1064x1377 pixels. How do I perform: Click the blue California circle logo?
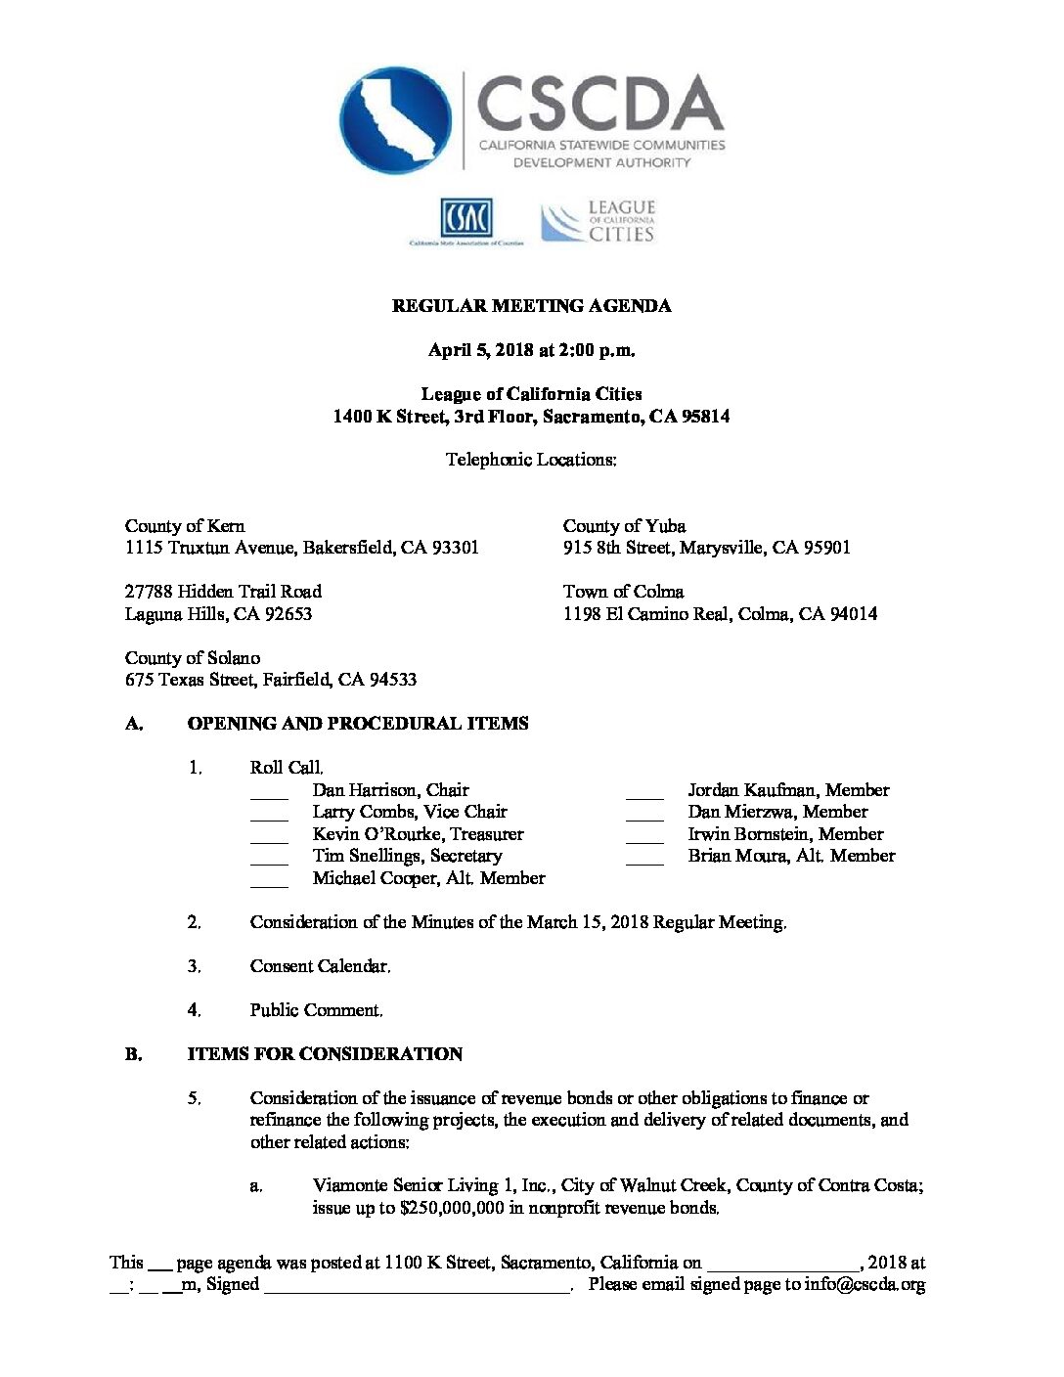click(x=394, y=120)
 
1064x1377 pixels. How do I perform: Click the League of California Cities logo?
click(x=598, y=222)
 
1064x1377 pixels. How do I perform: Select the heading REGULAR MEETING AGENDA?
click(x=531, y=306)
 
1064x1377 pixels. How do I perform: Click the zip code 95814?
click(x=705, y=417)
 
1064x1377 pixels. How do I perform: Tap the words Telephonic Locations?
click(x=531, y=460)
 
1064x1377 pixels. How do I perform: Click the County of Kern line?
click(x=185, y=526)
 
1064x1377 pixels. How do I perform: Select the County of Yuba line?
click(x=624, y=526)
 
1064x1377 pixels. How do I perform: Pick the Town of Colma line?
click(x=623, y=592)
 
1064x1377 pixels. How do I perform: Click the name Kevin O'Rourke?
click(x=376, y=834)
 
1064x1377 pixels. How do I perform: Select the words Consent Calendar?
click(x=320, y=966)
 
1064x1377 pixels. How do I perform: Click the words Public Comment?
click(x=316, y=1010)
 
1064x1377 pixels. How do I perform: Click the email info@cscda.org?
click(x=864, y=1285)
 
